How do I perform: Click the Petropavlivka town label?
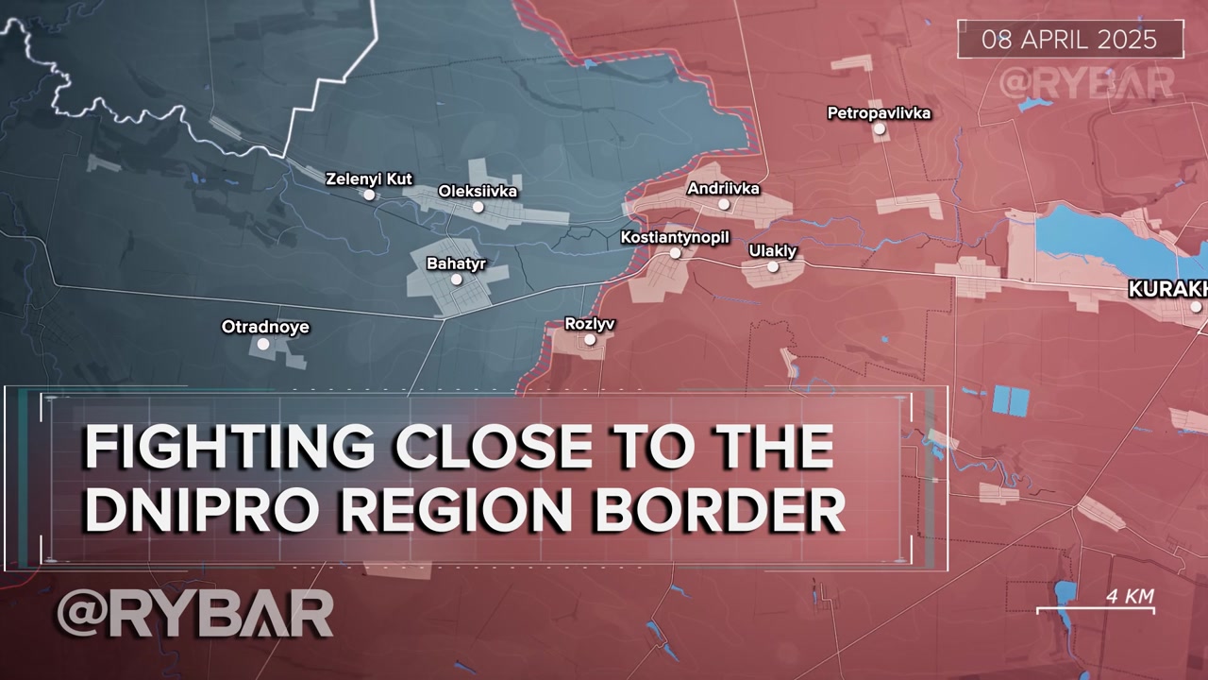click(879, 113)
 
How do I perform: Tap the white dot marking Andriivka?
click(724, 204)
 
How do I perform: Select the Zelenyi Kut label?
click(369, 178)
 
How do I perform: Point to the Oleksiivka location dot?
click(478, 207)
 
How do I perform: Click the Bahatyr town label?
click(456, 263)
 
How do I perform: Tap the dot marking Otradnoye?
click(263, 344)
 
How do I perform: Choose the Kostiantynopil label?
click(675, 237)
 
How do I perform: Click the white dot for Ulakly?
click(773, 266)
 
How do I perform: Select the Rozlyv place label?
click(589, 324)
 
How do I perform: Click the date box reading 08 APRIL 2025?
click(1069, 40)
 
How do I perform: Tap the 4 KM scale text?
click(1130, 597)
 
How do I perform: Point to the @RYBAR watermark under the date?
click(1086, 83)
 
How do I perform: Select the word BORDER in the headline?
click(717, 510)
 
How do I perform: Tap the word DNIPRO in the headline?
click(193, 510)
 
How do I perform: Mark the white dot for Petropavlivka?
click(880, 128)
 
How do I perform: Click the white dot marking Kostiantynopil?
click(676, 253)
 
